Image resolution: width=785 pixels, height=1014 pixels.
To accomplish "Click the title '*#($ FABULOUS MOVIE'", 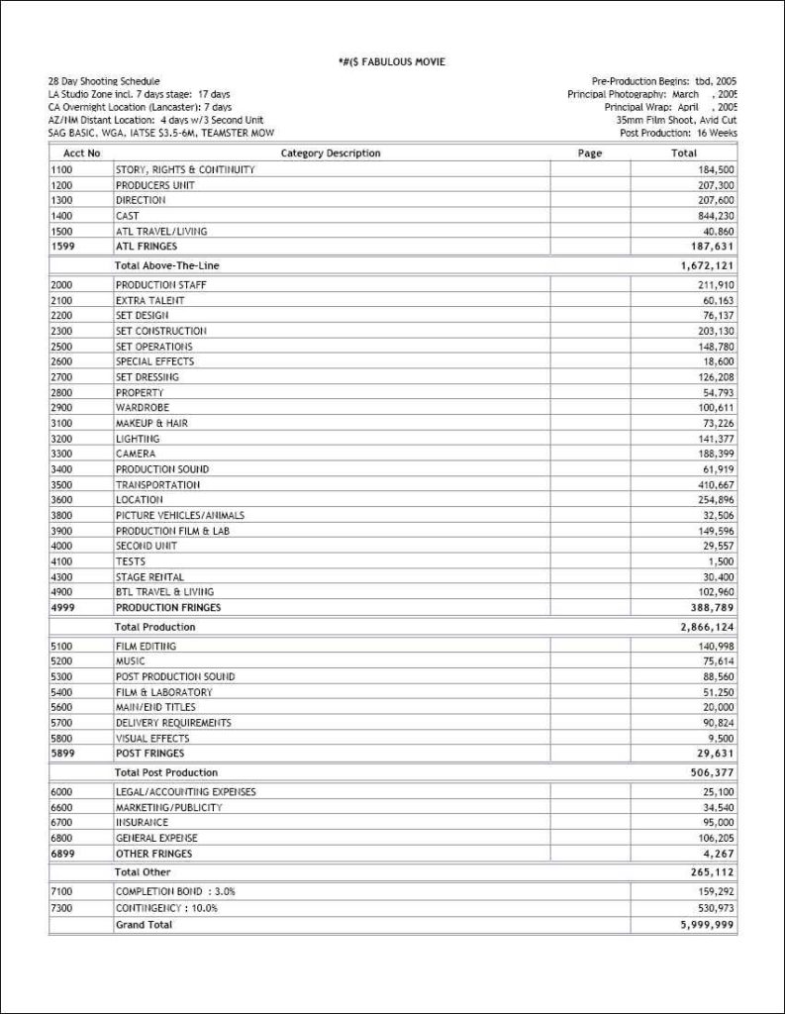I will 392,62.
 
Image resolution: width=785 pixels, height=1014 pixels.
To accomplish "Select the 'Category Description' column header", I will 331,153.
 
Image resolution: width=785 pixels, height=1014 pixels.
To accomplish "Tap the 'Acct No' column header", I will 81,153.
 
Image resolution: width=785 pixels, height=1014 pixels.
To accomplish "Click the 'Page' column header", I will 589,153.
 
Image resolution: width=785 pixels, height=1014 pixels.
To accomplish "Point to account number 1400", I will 60,216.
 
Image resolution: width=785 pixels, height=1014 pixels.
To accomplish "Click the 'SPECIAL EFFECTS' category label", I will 154,361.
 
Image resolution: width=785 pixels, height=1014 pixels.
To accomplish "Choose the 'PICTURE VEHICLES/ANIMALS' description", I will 179,515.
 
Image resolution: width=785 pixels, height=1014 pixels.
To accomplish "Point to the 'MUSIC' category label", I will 130,661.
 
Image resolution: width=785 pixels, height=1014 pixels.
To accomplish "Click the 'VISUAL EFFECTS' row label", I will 151,738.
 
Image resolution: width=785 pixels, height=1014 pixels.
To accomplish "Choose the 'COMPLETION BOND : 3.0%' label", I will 166,891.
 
